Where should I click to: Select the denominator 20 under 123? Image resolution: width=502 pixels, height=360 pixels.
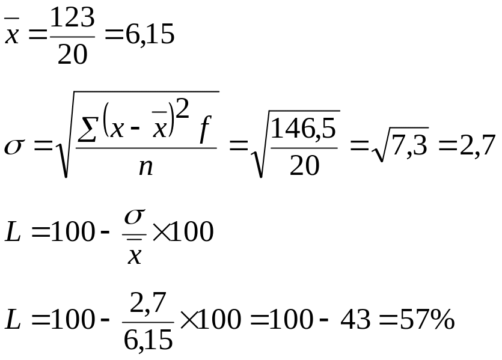tap(72, 54)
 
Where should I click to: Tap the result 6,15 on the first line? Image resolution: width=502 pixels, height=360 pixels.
tap(148, 35)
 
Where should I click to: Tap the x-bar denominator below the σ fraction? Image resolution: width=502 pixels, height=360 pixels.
tap(135, 255)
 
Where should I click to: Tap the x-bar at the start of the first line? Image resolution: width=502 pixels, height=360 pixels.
tap(11, 35)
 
